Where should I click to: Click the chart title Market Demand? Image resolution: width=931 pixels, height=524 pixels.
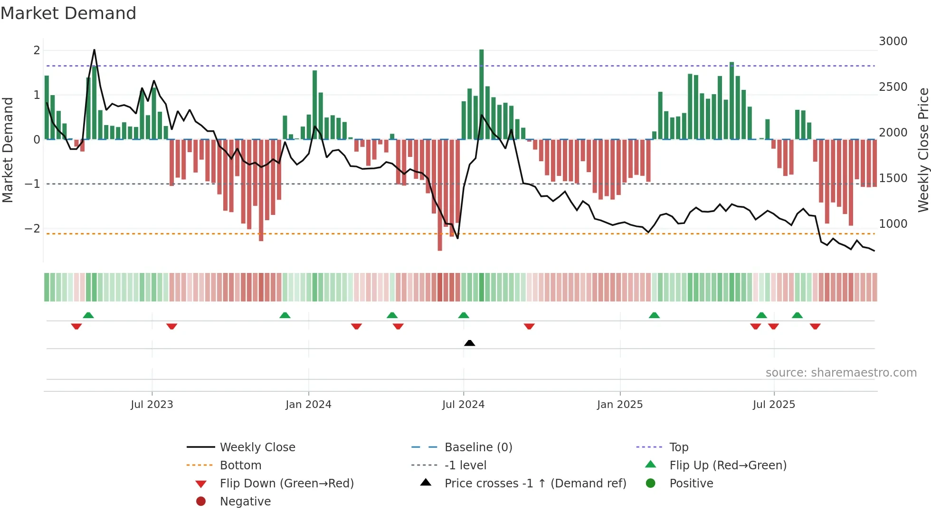click(x=68, y=13)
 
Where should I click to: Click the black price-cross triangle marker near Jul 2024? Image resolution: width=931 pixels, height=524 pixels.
click(x=469, y=343)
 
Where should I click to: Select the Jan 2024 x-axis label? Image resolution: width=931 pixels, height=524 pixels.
click(x=308, y=405)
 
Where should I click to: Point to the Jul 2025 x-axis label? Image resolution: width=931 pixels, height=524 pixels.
click(x=774, y=405)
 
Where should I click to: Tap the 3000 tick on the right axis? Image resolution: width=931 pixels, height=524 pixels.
click(x=893, y=41)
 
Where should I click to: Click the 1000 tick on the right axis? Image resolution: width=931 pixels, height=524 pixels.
click(x=893, y=224)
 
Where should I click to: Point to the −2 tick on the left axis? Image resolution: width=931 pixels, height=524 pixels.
click(x=32, y=229)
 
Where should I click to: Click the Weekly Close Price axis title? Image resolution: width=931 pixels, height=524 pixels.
click(x=923, y=150)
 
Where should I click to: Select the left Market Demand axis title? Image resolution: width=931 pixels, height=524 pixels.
click(x=8, y=150)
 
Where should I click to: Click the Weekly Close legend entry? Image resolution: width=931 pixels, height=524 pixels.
click(x=257, y=447)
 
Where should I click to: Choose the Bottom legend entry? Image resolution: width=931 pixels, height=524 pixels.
click(x=240, y=466)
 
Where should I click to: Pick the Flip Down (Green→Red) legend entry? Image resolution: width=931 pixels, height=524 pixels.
click(x=286, y=484)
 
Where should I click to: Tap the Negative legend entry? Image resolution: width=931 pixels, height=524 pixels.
click(x=245, y=502)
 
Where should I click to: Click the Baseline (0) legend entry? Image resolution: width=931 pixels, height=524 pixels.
click(x=478, y=447)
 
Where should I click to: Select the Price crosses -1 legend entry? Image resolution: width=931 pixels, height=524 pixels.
click(x=535, y=484)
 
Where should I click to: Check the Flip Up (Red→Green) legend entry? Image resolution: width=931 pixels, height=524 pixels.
click(x=728, y=466)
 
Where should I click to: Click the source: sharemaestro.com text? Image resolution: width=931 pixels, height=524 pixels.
click(x=841, y=373)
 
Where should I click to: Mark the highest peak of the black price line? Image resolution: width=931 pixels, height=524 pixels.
click(x=94, y=50)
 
